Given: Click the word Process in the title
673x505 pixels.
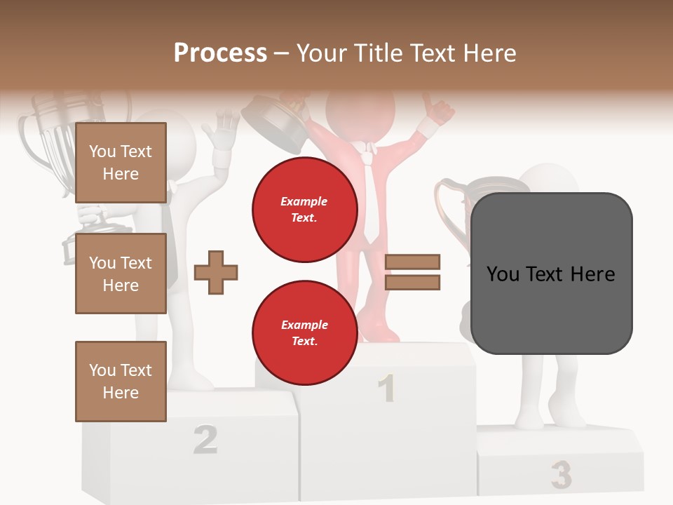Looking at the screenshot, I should tap(220, 53).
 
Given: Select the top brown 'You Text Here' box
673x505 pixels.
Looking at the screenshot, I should tap(121, 163).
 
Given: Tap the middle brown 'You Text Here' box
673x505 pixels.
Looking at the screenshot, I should tap(121, 274).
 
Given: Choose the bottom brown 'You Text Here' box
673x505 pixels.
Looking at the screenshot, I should tap(121, 381).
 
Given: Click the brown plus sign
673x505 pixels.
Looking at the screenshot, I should tap(216, 272).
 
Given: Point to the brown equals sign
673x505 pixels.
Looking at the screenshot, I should tap(412, 272).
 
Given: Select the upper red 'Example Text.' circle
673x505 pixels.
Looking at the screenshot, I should tap(304, 209).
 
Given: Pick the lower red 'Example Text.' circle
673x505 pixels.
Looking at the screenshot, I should tap(304, 332).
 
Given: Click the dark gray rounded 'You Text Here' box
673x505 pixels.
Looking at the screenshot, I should tap(551, 274).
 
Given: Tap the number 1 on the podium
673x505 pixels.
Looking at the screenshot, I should tap(386, 389).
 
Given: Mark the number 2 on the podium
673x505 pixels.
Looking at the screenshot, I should tap(205, 440).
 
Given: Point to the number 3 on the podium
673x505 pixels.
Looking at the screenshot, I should tap(561, 475).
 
